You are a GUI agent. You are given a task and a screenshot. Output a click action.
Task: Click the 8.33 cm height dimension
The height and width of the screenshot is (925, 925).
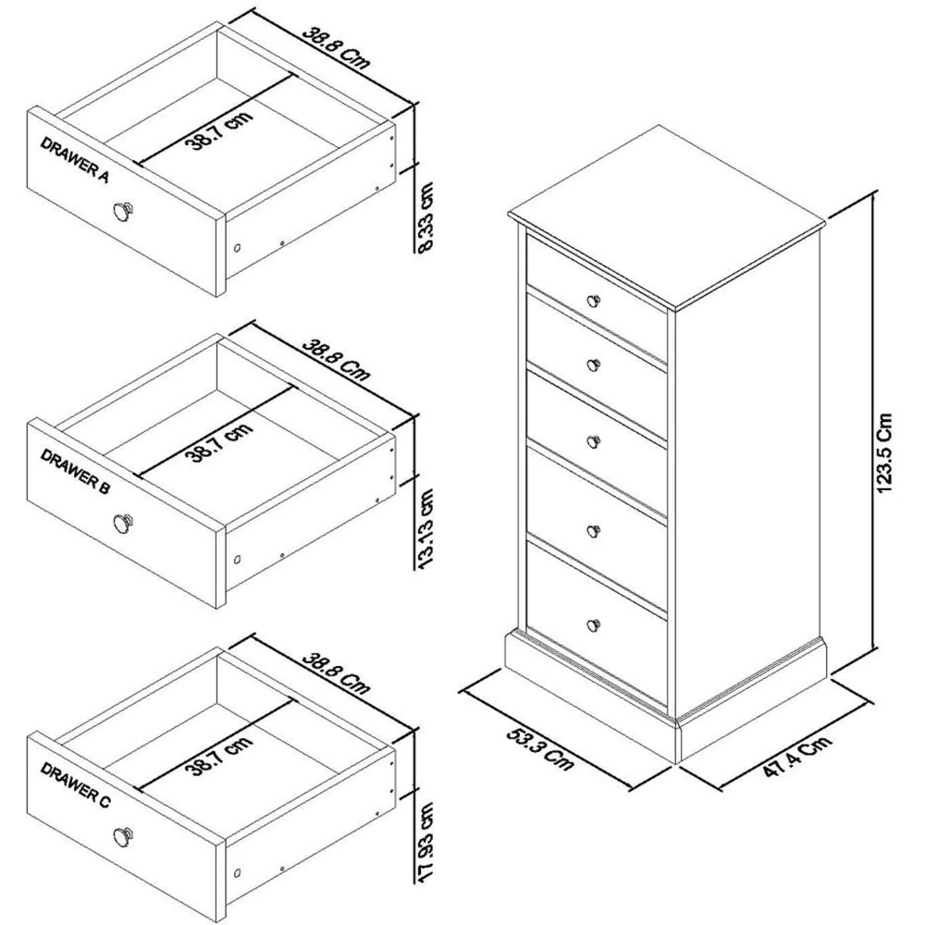click(x=426, y=216)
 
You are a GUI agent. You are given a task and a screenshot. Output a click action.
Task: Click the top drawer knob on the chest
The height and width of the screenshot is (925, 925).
click(x=593, y=301)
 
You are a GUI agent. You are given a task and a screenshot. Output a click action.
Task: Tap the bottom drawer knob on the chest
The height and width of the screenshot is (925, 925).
click(x=593, y=624)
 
